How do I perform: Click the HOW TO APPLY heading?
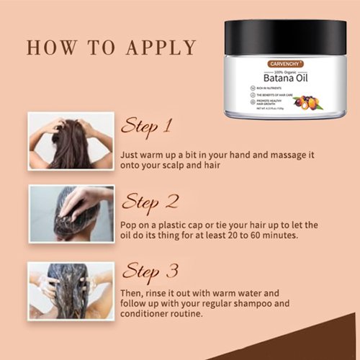111,48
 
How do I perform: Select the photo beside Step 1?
71,141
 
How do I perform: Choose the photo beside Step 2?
71,214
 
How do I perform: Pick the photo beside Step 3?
71,290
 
